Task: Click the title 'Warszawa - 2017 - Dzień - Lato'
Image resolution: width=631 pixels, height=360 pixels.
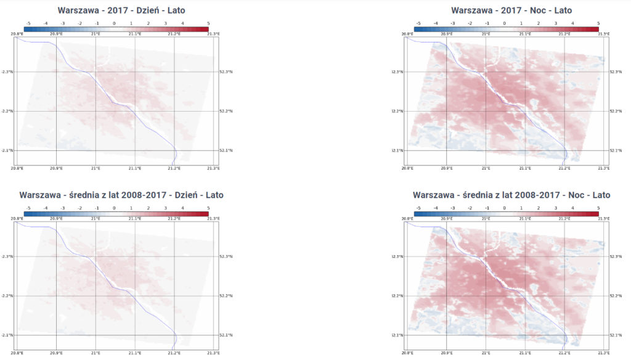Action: [x=121, y=10]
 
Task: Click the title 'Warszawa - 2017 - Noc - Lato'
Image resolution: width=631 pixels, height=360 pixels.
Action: [x=511, y=10]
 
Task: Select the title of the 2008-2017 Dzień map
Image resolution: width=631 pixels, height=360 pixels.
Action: [x=121, y=195]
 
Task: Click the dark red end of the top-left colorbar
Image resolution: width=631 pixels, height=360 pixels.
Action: [x=206, y=29]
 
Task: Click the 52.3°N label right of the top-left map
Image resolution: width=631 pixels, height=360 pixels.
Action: [x=227, y=72]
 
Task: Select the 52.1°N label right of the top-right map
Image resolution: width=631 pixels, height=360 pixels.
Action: [x=616, y=150]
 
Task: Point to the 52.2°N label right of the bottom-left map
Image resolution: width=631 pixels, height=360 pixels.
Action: [x=227, y=296]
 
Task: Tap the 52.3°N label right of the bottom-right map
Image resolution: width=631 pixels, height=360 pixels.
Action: [x=616, y=256]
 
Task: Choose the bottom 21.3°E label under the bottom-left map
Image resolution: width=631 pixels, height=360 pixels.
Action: [x=213, y=353]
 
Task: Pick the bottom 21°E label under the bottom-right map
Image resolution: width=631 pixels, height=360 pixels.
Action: [x=485, y=353]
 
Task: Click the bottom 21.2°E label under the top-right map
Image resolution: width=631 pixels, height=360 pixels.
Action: [x=564, y=168]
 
